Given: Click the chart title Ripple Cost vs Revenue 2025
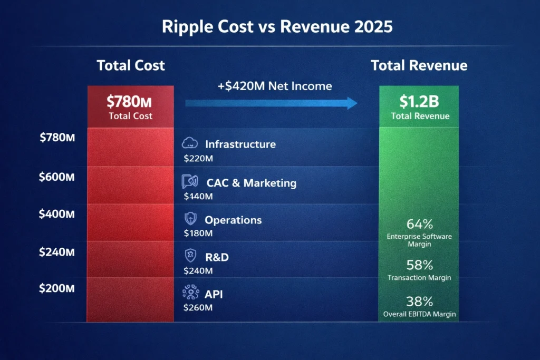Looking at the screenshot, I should coord(269,27).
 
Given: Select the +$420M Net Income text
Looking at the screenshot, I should coord(274,85).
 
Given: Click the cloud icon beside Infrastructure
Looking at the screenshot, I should coord(189,143).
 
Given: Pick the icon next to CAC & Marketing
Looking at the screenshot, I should coord(189,182).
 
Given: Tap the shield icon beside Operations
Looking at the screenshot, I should coord(189,219).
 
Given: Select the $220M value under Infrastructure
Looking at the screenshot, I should coord(198,158).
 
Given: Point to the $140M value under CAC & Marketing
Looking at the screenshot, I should coord(198,197).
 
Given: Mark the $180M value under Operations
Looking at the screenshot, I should coord(198,233).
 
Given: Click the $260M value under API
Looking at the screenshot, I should coord(198,307).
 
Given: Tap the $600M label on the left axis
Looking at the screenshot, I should coord(56,177).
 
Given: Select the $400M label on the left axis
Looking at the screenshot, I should coord(56,214).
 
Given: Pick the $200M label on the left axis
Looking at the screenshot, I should coord(56,288).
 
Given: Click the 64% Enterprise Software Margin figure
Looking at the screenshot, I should coord(419,223).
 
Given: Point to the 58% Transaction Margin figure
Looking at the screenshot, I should coord(419,265).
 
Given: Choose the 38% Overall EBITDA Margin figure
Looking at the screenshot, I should coord(419,301).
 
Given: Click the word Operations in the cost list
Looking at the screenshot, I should coord(233,220).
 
